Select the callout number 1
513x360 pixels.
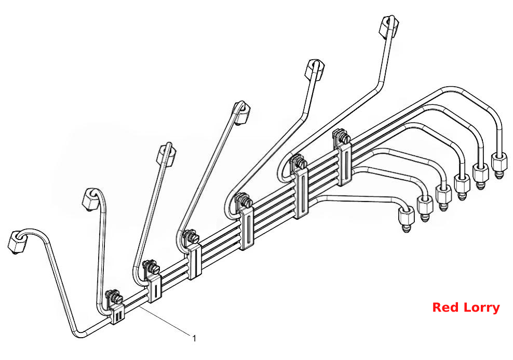pos(194,338)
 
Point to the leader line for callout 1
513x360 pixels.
pos(165,321)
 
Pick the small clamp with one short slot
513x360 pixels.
pos(155,288)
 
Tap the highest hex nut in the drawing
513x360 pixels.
pos(389,25)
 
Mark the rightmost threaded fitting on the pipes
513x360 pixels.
pos(500,165)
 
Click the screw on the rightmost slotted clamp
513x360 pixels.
pos(342,136)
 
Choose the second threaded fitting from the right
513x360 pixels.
pos(480,175)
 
